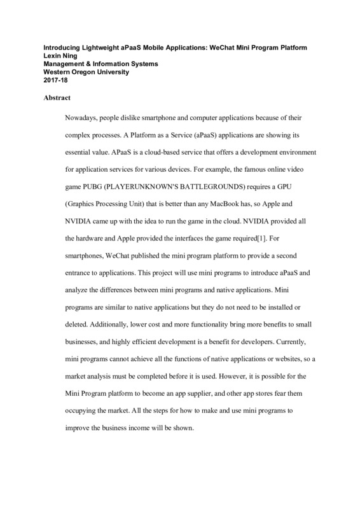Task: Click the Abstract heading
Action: pyautogui.click(x=57, y=99)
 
